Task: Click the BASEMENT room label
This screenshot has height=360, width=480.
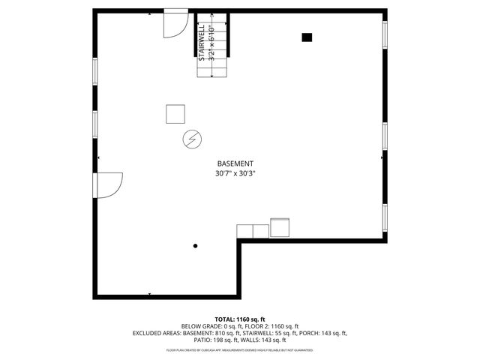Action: coord(235,163)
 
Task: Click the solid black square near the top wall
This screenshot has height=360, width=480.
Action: coord(307,37)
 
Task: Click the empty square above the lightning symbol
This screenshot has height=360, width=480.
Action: coord(176,114)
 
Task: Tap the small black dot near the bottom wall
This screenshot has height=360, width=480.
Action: coord(196,245)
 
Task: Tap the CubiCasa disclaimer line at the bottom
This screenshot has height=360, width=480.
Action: coord(239,349)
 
